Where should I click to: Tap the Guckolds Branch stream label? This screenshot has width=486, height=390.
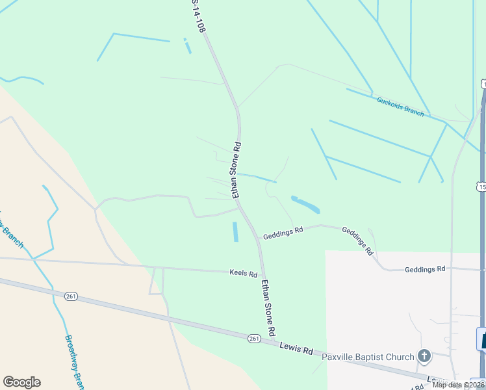coord(400,107)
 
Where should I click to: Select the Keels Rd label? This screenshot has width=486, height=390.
coord(244,274)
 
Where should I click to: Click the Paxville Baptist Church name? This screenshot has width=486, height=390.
coord(368,356)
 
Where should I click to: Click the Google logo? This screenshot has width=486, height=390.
coord(21,382)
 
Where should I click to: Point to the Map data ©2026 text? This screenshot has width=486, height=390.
coord(458,385)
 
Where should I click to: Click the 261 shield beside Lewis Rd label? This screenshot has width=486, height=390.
coord(254,338)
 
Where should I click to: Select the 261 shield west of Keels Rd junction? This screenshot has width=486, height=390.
coord(71,296)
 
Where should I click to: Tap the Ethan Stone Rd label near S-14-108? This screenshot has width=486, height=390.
coord(237,170)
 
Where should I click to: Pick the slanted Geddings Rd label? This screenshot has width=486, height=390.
coord(357,240)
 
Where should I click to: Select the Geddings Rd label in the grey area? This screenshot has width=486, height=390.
coord(425,269)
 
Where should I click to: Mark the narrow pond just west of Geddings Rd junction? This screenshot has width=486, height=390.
coord(235,231)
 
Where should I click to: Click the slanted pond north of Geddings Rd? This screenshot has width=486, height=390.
coord(305,205)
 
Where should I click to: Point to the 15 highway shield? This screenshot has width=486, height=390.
coord(481,187)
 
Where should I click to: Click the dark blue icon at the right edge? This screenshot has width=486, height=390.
coord(482,339)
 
